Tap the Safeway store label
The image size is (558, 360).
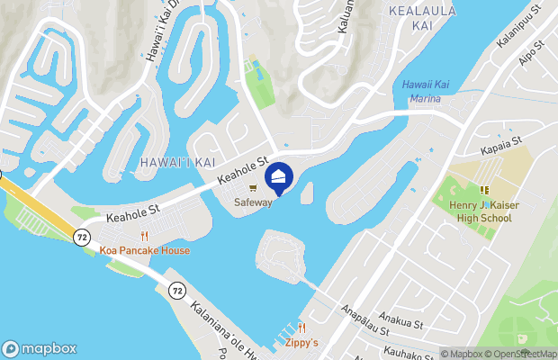pos(253,202)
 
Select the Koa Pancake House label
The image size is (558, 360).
pos(144,250)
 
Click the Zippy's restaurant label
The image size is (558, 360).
pos(302,342)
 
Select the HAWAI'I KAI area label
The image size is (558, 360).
pos(165,161)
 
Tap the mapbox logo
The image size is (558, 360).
pos(40,348)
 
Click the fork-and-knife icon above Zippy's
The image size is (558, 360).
pos(302,328)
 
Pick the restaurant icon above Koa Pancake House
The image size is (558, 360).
pos(144,236)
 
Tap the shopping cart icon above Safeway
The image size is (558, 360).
pos(253,188)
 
